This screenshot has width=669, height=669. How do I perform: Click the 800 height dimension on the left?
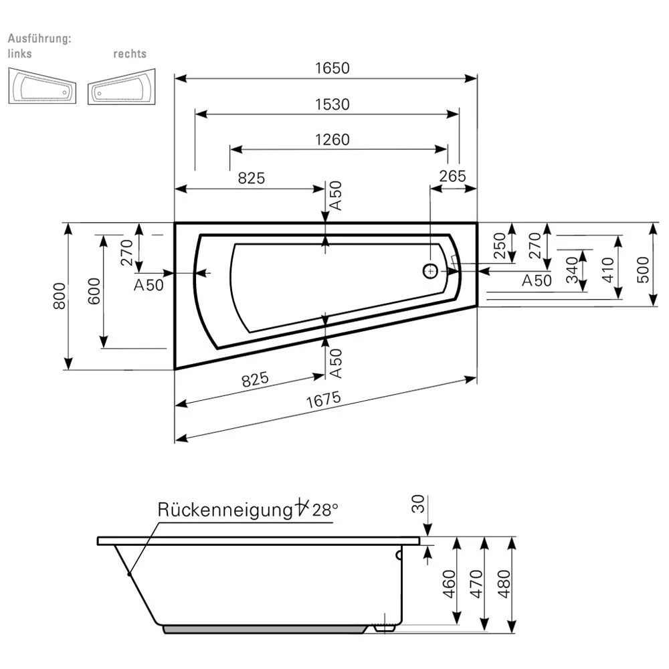pos(59,296)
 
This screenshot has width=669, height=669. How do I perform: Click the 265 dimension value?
pos(453,176)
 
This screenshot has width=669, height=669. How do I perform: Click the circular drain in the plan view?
pos(430,271)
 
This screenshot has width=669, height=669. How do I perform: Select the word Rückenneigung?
pos(221,510)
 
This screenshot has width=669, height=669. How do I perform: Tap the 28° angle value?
pos(324,510)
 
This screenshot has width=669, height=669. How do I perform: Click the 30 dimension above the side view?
pos(419,504)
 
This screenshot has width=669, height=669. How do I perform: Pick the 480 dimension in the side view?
pos(505,584)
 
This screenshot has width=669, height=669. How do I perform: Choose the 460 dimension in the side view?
pos(450,584)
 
